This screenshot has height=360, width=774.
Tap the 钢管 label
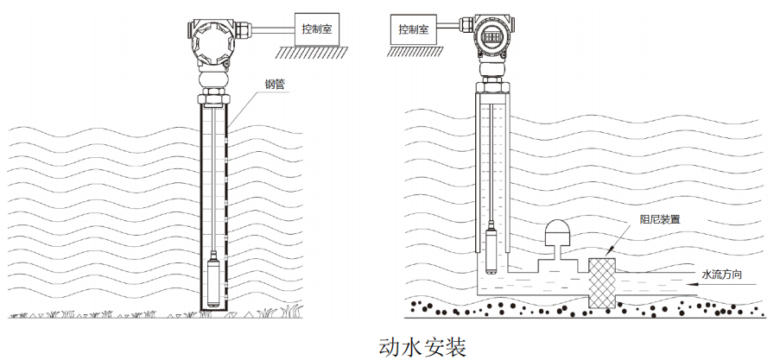(x=274, y=85)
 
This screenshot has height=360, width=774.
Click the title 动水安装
(x=422, y=345)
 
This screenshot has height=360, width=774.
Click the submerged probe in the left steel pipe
(x=213, y=281)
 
